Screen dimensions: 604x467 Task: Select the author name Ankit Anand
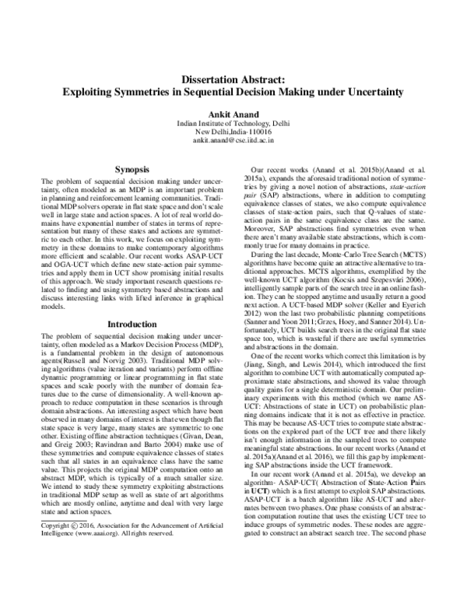click(x=233, y=113)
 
